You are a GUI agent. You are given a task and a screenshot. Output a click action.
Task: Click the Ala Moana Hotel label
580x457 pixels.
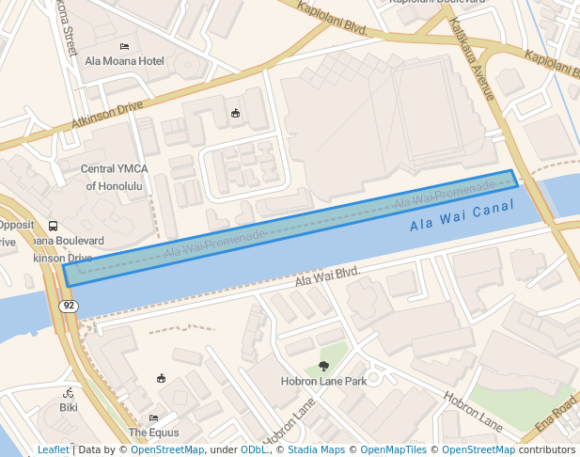[124, 61]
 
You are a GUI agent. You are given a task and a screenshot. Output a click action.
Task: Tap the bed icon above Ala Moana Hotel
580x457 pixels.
[124, 46]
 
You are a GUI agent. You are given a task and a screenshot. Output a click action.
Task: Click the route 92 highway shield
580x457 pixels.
[68, 307]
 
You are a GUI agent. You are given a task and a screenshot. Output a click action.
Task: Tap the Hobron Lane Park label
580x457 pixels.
[323, 382]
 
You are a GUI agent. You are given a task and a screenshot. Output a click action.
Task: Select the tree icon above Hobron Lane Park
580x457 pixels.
[324, 366]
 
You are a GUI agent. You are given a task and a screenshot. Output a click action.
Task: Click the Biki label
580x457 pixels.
[69, 407]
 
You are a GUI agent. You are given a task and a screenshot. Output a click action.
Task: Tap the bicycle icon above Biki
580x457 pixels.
[69, 392]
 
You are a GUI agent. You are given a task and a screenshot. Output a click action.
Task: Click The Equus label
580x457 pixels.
[153, 433]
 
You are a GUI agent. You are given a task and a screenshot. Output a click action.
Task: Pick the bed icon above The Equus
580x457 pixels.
[153, 418]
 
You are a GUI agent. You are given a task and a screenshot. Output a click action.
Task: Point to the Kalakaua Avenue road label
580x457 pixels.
[472, 58]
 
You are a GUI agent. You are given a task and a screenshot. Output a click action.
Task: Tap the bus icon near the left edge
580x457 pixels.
[53, 226]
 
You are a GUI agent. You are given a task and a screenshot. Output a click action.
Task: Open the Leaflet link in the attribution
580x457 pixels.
[53, 449]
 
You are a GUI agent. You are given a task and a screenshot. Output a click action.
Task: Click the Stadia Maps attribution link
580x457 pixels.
[316, 449]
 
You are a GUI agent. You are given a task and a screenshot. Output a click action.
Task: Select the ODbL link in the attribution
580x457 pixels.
[254, 449]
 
